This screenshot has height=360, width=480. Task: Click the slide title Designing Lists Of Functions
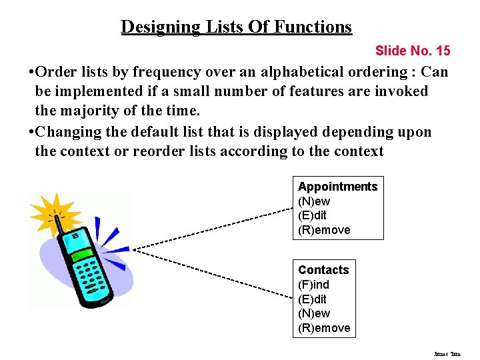pos(236,27)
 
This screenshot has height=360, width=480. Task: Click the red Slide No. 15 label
pos(413,51)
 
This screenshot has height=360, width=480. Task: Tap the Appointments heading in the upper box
pos(337,187)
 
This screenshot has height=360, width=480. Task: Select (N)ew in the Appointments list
pos(314,201)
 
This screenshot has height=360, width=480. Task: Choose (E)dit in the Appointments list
pos(312,215)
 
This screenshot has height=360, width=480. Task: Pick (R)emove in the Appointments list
pos(324,230)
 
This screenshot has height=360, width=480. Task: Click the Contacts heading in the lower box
pos(323,270)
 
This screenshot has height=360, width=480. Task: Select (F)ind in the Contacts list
pos(313,285)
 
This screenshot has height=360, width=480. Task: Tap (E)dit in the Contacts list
pos(312,299)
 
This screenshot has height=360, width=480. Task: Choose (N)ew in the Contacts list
pos(314,313)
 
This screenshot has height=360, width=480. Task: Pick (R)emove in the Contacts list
pos(324,328)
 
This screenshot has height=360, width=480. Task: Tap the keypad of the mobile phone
pos(91,274)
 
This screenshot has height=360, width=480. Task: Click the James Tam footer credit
pos(447,354)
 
